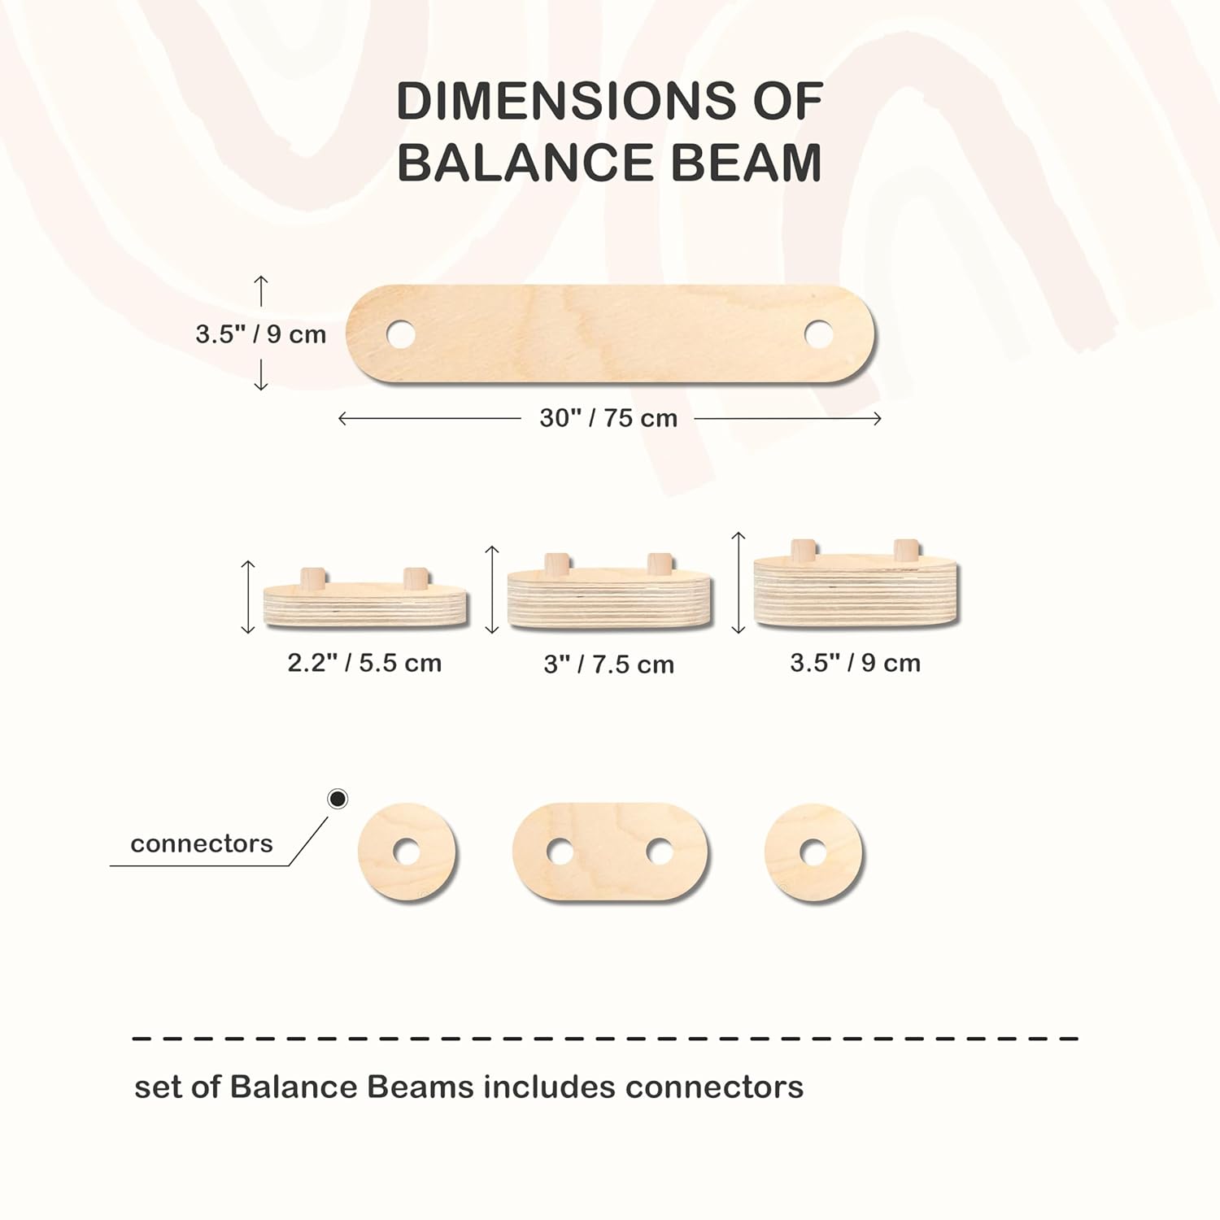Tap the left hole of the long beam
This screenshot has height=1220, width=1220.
pos(400,333)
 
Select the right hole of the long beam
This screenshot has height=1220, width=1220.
pos(819,333)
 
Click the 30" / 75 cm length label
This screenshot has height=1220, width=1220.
pos(608,418)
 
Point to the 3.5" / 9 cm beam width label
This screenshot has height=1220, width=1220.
pos(260,334)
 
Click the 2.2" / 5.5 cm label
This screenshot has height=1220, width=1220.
pos(364,663)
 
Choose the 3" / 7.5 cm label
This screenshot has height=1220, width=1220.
pos(609,664)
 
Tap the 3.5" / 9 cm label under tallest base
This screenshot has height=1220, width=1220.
pos(856,663)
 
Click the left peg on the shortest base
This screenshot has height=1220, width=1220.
pos(313,578)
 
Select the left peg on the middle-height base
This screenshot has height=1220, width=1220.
pos(557,564)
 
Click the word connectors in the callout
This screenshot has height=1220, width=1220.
pos(202,843)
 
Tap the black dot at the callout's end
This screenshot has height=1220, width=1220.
pos(338,799)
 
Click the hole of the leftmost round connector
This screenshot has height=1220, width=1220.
pos(407,852)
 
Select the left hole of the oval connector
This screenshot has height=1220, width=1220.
pos(560,852)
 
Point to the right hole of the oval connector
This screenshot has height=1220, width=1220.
pos(660,852)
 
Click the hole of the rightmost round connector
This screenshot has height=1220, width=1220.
pos(813,852)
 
